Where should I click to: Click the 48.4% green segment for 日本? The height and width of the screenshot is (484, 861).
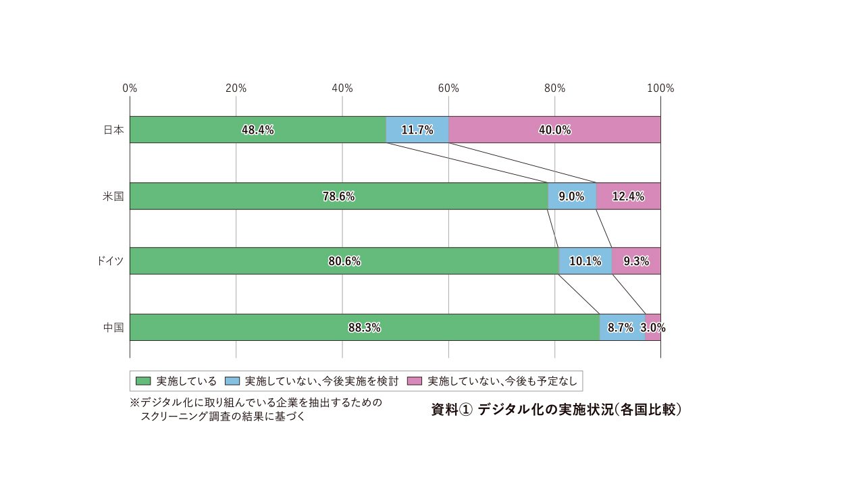(257, 130)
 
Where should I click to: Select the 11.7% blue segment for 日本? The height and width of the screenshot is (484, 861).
(417, 130)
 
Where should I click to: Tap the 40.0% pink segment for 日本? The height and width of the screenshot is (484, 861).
(554, 130)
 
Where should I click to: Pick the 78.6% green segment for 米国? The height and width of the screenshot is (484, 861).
(338, 196)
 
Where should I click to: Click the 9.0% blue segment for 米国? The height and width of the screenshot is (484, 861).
(571, 196)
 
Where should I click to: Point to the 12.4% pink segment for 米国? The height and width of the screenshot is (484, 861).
(628, 196)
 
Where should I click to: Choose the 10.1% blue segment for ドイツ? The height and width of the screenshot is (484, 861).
(585, 261)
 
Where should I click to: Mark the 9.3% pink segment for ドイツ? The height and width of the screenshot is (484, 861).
(636, 261)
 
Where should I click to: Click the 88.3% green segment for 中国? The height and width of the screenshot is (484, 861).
(365, 328)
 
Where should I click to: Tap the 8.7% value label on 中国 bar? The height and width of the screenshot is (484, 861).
(621, 328)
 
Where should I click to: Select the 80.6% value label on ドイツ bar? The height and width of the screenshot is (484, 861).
(344, 261)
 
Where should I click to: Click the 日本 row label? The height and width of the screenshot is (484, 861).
(113, 130)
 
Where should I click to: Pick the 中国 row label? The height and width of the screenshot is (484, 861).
(113, 328)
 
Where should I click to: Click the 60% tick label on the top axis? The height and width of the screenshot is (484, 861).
(448, 88)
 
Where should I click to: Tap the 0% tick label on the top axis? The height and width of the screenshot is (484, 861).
(130, 88)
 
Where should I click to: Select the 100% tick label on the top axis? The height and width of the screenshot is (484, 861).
(660, 88)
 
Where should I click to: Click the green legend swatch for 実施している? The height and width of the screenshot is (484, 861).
(142, 381)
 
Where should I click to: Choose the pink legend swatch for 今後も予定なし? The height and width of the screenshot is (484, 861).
(415, 381)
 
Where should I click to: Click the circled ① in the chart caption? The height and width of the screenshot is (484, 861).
(464, 410)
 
